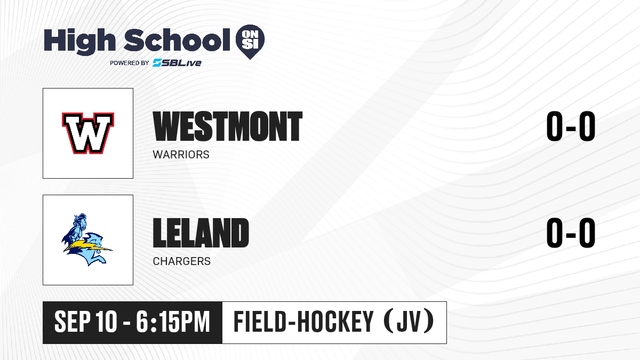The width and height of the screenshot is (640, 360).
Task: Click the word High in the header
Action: (x=80, y=42)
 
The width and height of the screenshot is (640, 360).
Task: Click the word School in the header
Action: (x=177, y=41)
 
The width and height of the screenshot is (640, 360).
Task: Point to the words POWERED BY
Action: (x=130, y=63)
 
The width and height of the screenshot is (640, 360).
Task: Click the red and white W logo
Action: (x=88, y=133)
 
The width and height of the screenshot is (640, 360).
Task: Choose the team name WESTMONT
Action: (x=227, y=126)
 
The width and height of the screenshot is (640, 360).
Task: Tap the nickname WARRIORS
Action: (x=181, y=155)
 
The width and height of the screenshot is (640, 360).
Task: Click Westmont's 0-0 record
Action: (x=571, y=126)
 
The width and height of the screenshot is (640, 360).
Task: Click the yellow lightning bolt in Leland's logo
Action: (x=88, y=246)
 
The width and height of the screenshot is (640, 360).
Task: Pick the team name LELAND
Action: (x=201, y=233)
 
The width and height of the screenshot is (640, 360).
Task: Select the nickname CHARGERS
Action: (x=182, y=261)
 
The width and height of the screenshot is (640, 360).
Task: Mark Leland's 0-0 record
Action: (x=571, y=233)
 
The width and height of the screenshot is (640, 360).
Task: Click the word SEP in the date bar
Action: (x=73, y=322)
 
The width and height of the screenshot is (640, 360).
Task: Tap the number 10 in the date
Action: (x=106, y=322)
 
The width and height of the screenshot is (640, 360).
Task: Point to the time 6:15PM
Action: (x=173, y=322)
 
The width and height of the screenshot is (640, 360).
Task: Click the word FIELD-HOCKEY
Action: (x=303, y=322)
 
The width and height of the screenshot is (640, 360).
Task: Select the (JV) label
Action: (x=409, y=322)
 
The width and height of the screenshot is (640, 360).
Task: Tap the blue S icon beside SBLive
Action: (x=157, y=63)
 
